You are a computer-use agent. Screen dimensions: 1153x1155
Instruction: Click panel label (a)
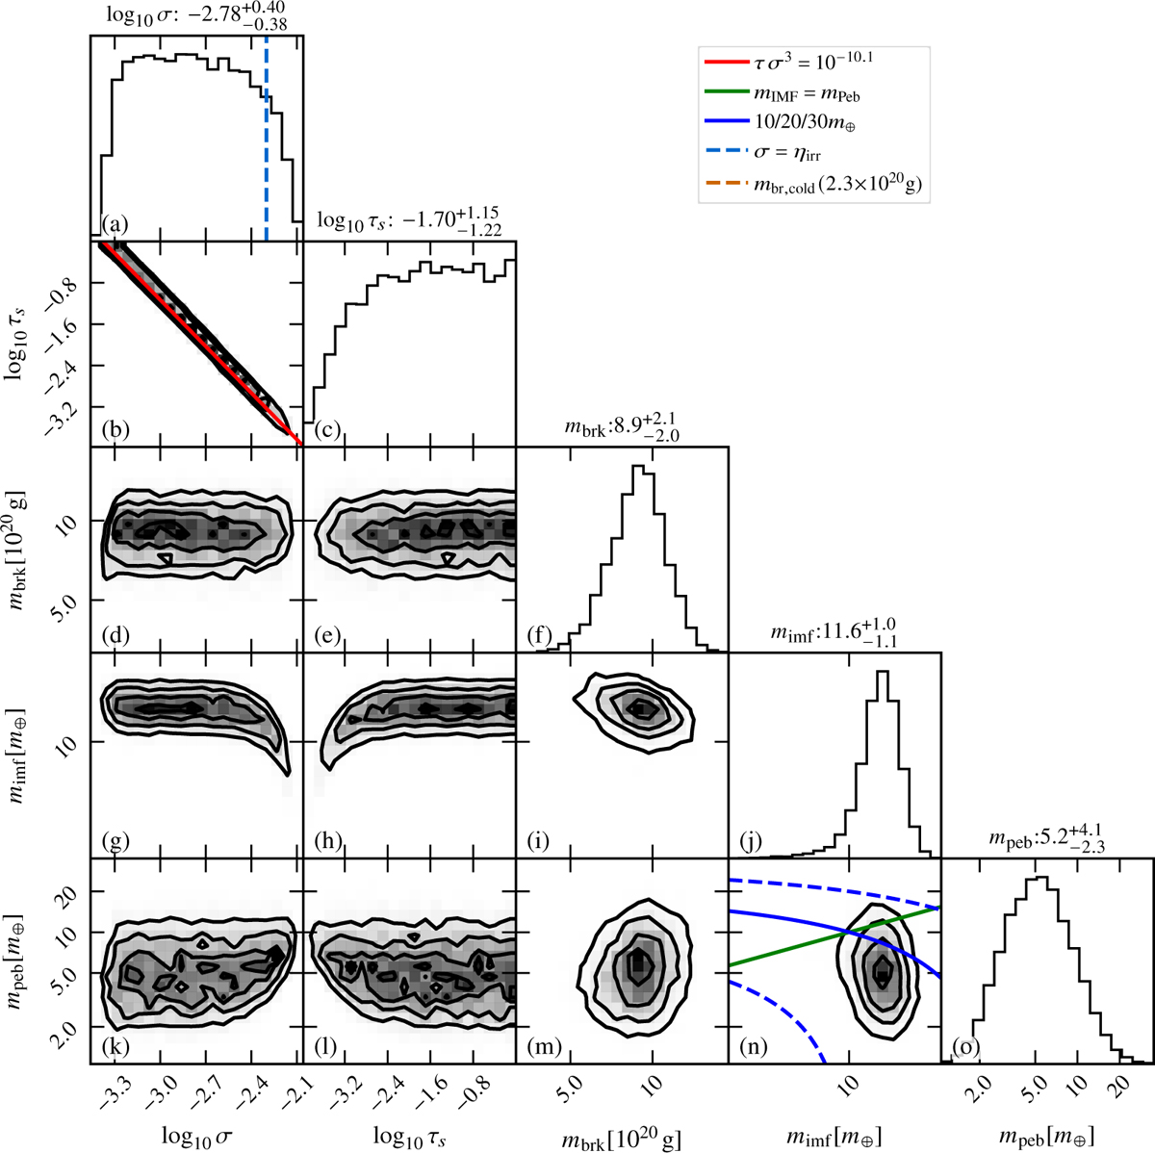[x=115, y=225]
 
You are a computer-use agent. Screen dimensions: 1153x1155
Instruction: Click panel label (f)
[x=540, y=635]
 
